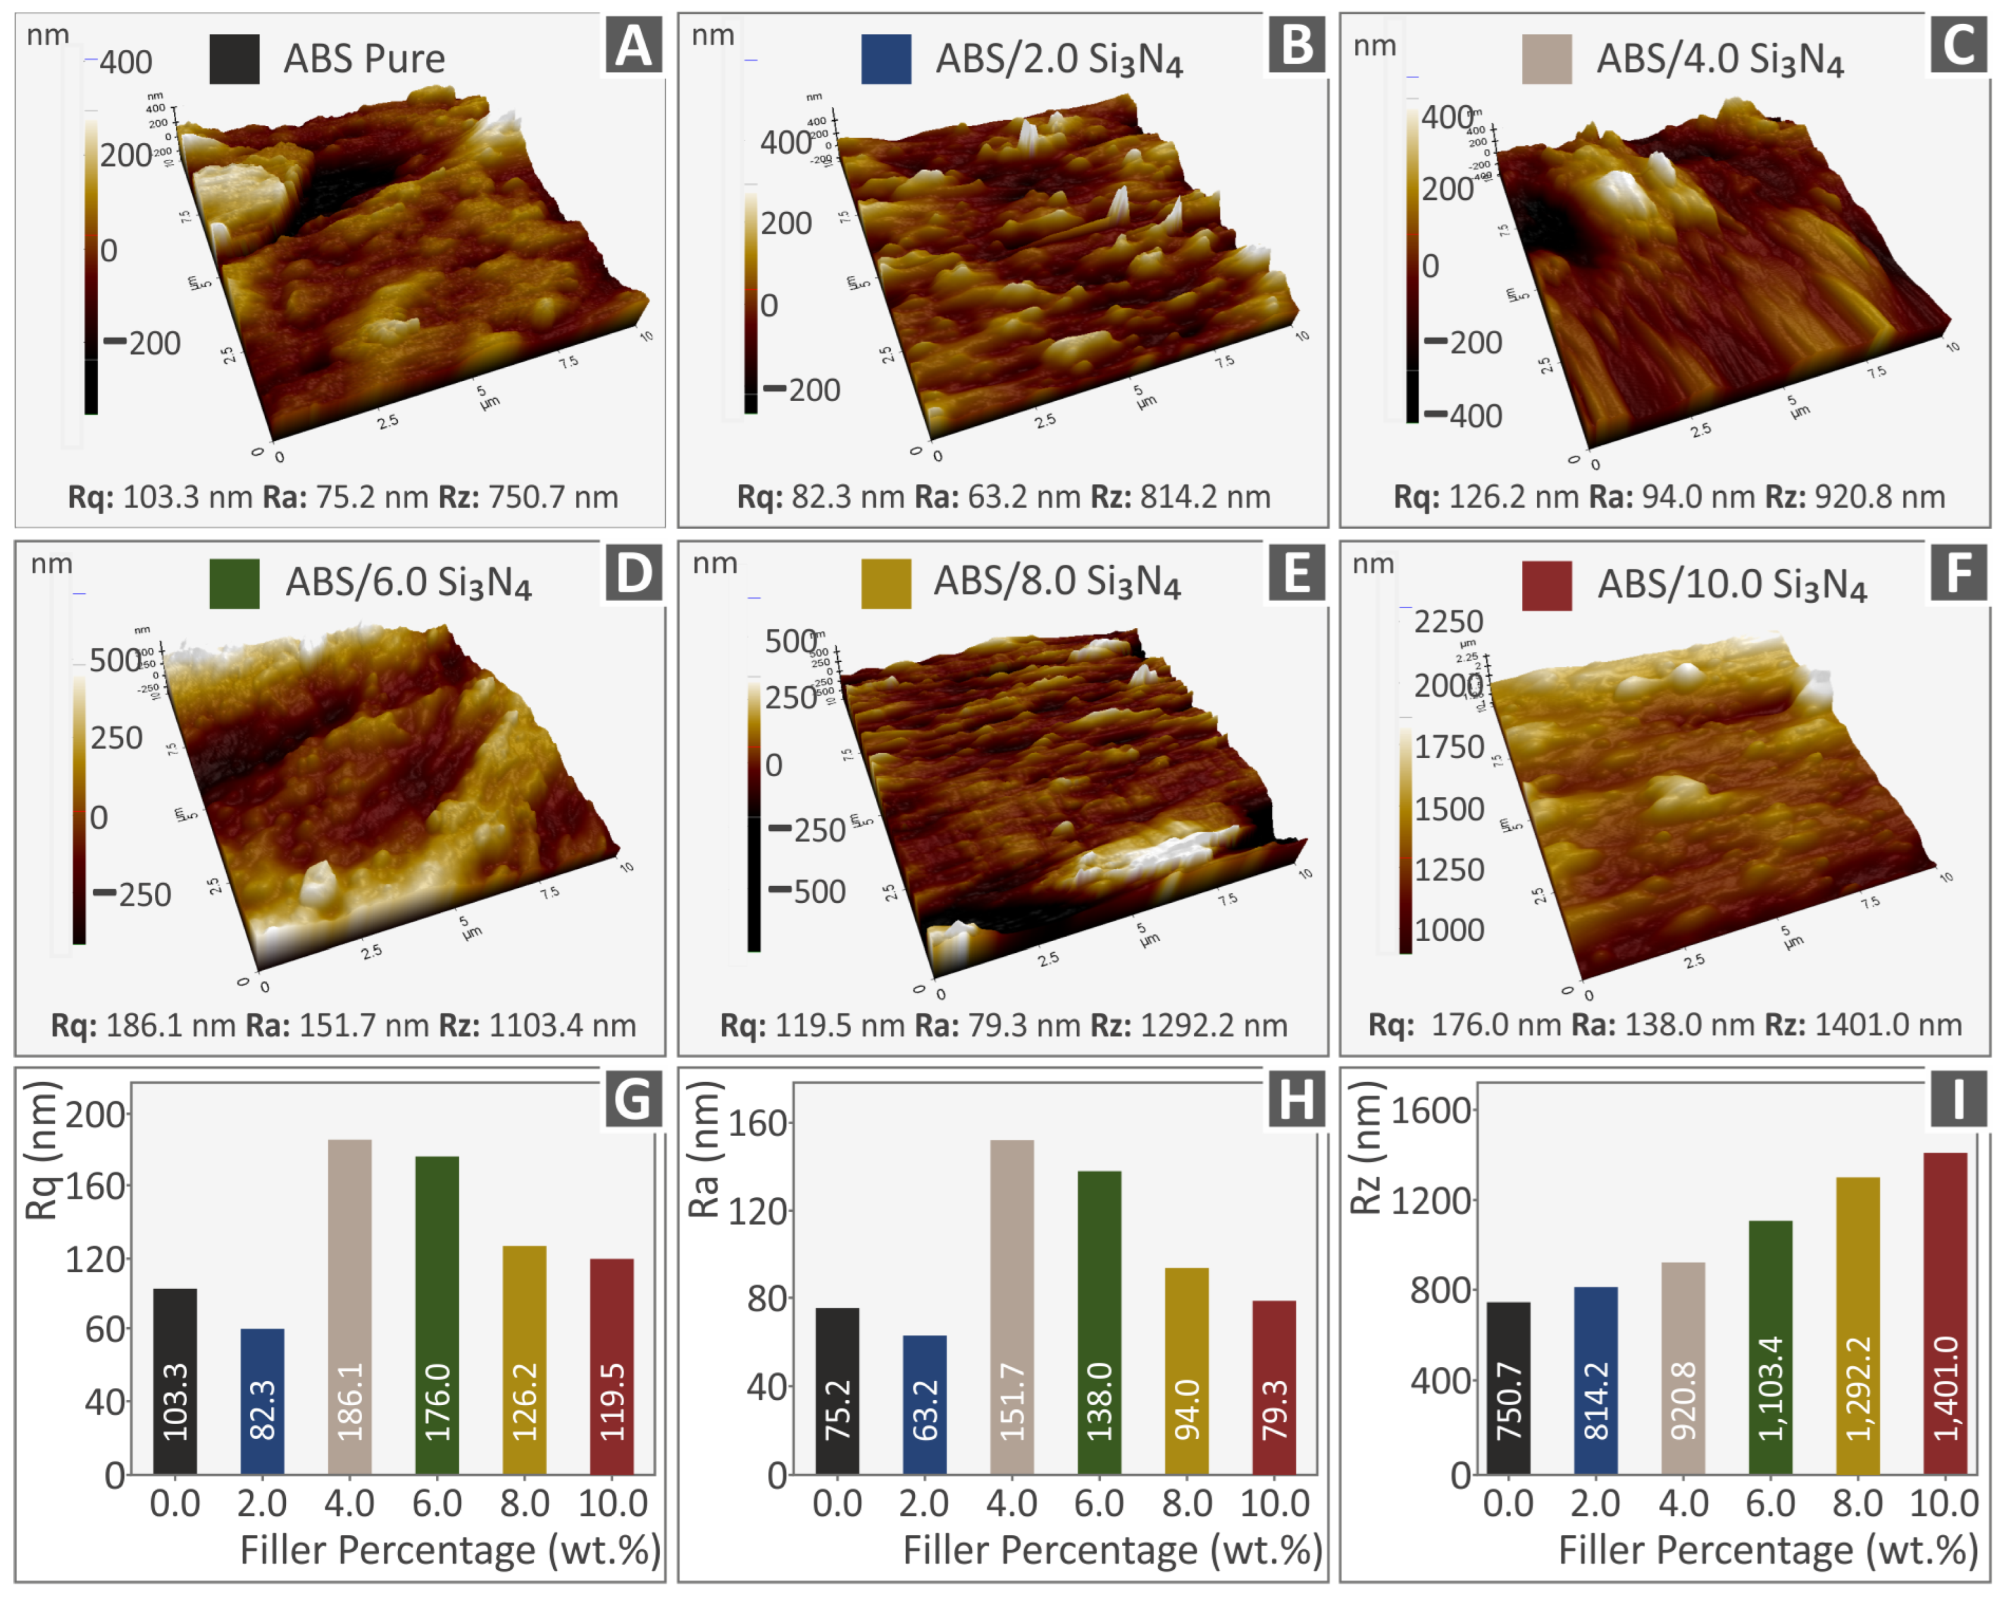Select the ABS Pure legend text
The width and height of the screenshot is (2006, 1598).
click(364, 58)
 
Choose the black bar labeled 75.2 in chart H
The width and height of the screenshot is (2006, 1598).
click(837, 1390)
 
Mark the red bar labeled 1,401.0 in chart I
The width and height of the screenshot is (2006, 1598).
click(1945, 1312)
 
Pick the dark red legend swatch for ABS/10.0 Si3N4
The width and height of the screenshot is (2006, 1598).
click(1546, 585)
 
